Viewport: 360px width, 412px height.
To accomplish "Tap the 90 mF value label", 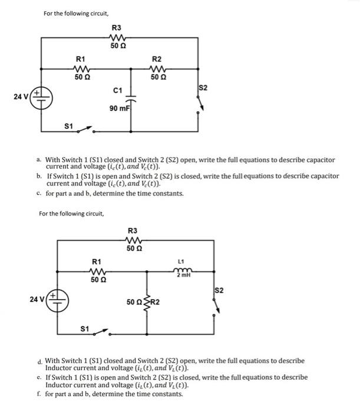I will (119, 109).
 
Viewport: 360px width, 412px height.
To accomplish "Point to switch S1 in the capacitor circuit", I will (84, 128).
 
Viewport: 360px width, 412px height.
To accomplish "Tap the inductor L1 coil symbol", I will (181, 271).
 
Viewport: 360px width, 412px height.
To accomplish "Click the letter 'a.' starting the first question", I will (38, 160).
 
